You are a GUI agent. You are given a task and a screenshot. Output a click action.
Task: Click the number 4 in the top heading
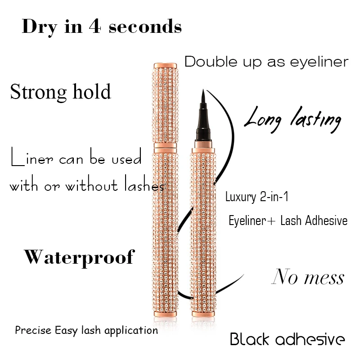pos(95,27)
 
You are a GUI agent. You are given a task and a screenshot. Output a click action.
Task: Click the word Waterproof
pos(79,257)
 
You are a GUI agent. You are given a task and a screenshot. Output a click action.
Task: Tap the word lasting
pos(315,119)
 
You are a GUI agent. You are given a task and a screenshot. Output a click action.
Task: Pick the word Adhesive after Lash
pos(327,221)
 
